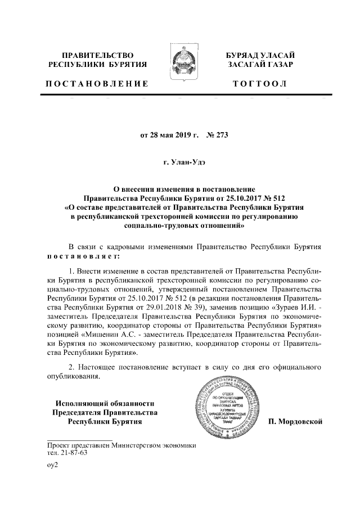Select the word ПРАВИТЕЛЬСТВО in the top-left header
tap(97, 55)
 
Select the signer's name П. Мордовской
tap(295, 421)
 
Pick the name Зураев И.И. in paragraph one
tap(292, 308)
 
